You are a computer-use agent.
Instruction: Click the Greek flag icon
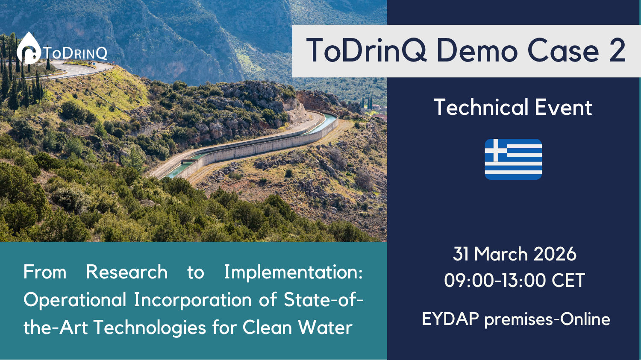[x=513, y=159]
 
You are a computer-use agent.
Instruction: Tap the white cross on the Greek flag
[x=496, y=150]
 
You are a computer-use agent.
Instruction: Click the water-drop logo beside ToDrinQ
[x=29, y=48]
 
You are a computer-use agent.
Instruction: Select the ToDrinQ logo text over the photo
[x=75, y=53]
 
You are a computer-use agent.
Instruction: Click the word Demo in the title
[x=477, y=51]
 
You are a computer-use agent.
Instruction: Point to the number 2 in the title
[x=617, y=51]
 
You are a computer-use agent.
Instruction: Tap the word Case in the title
[x=563, y=51]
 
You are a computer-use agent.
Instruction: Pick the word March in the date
[x=501, y=254]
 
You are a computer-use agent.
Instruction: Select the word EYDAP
[x=450, y=319]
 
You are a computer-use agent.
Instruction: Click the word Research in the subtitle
[x=127, y=272]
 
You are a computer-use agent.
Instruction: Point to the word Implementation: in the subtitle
[x=294, y=272]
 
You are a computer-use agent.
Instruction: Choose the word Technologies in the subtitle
[x=150, y=328]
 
